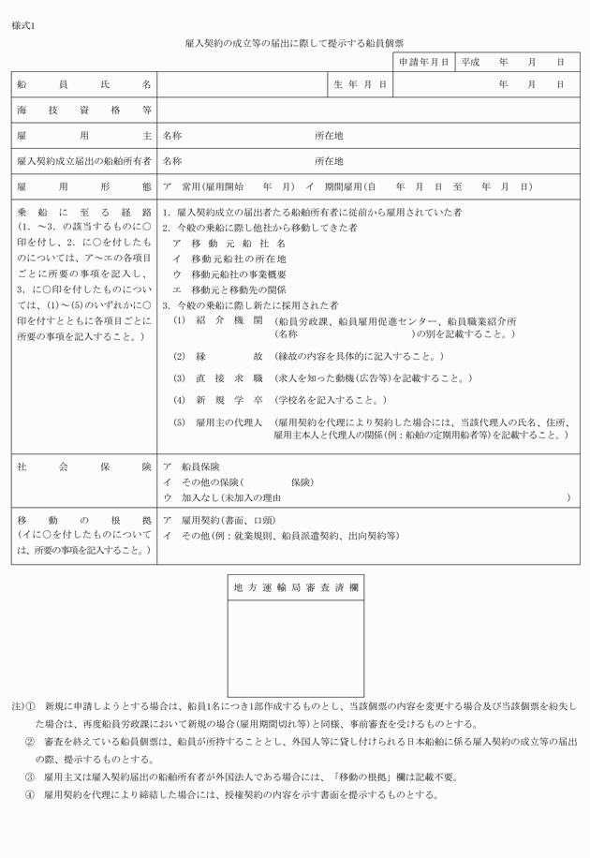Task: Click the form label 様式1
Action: click(x=23, y=25)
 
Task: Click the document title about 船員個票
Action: click(x=295, y=43)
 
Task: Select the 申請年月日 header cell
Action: click(x=423, y=62)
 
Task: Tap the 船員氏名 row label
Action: click(x=84, y=84)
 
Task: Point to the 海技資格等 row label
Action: click(x=84, y=110)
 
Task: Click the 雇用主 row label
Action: click(x=84, y=135)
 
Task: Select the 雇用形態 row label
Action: click(x=84, y=186)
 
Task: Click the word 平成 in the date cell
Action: click(x=469, y=62)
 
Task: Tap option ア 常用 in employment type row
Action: click(x=200, y=186)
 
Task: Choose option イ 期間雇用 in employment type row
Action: click(x=332, y=186)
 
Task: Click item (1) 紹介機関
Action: click(x=218, y=320)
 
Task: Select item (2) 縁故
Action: click(x=218, y=357)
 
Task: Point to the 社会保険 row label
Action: click(x=84, y=466)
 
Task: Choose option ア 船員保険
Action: click(x=192, y=466)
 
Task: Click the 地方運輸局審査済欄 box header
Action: click(x=295, y=587)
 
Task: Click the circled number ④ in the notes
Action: click(x=30, y=795)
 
